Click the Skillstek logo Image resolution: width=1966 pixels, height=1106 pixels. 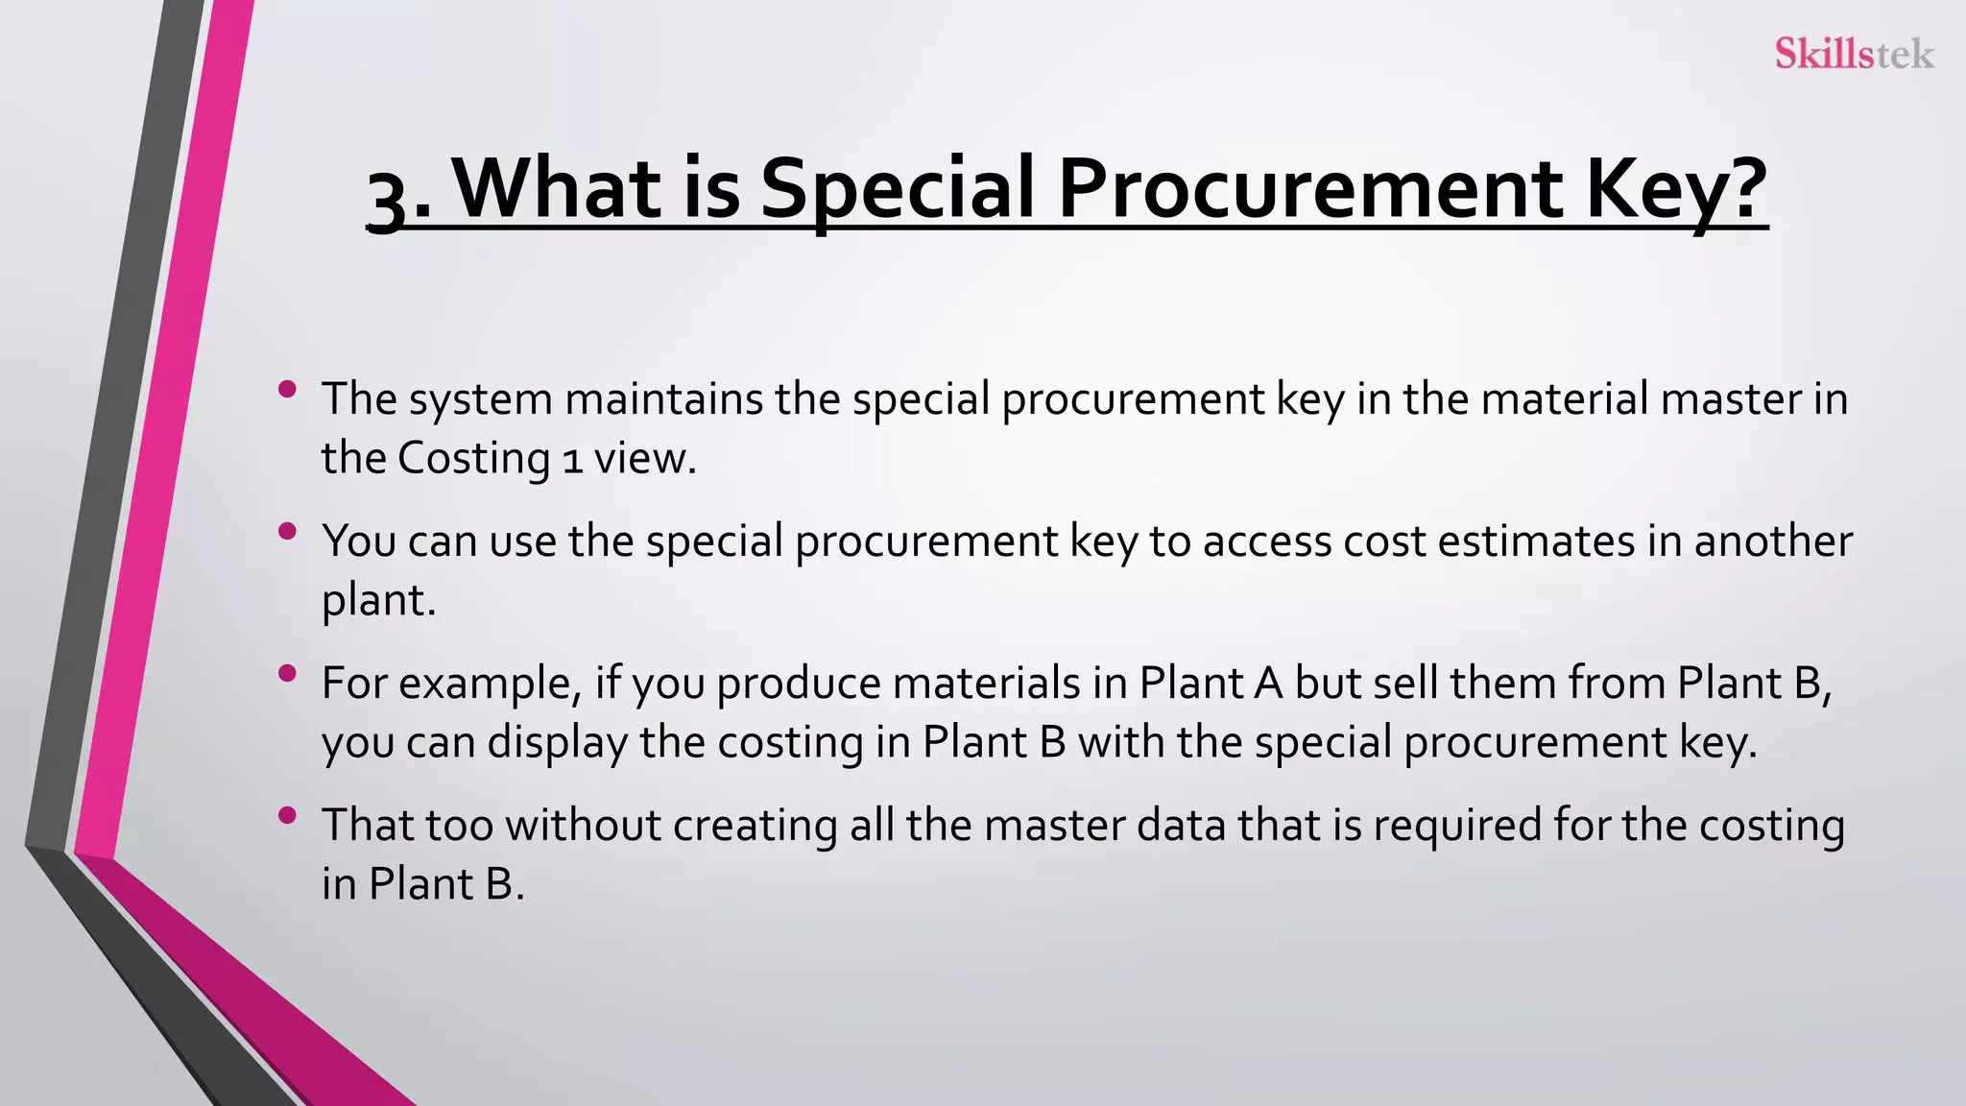click(1854, 53)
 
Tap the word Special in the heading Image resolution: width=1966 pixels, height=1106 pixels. click(898, 188)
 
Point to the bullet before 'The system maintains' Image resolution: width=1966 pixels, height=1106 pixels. click(286, 389)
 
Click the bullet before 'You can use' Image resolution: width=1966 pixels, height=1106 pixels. click(286, 531)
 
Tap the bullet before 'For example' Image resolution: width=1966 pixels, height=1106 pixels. click(286, 673)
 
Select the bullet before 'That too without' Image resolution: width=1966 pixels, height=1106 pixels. click(286, 815)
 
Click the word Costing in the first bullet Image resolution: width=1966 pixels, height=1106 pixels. click(473, 458)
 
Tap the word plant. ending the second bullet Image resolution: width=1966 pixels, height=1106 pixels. click(379, 601)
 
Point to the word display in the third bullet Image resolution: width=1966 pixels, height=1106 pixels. click(557, 742)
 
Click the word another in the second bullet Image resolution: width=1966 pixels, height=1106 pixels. click(1772, 541)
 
